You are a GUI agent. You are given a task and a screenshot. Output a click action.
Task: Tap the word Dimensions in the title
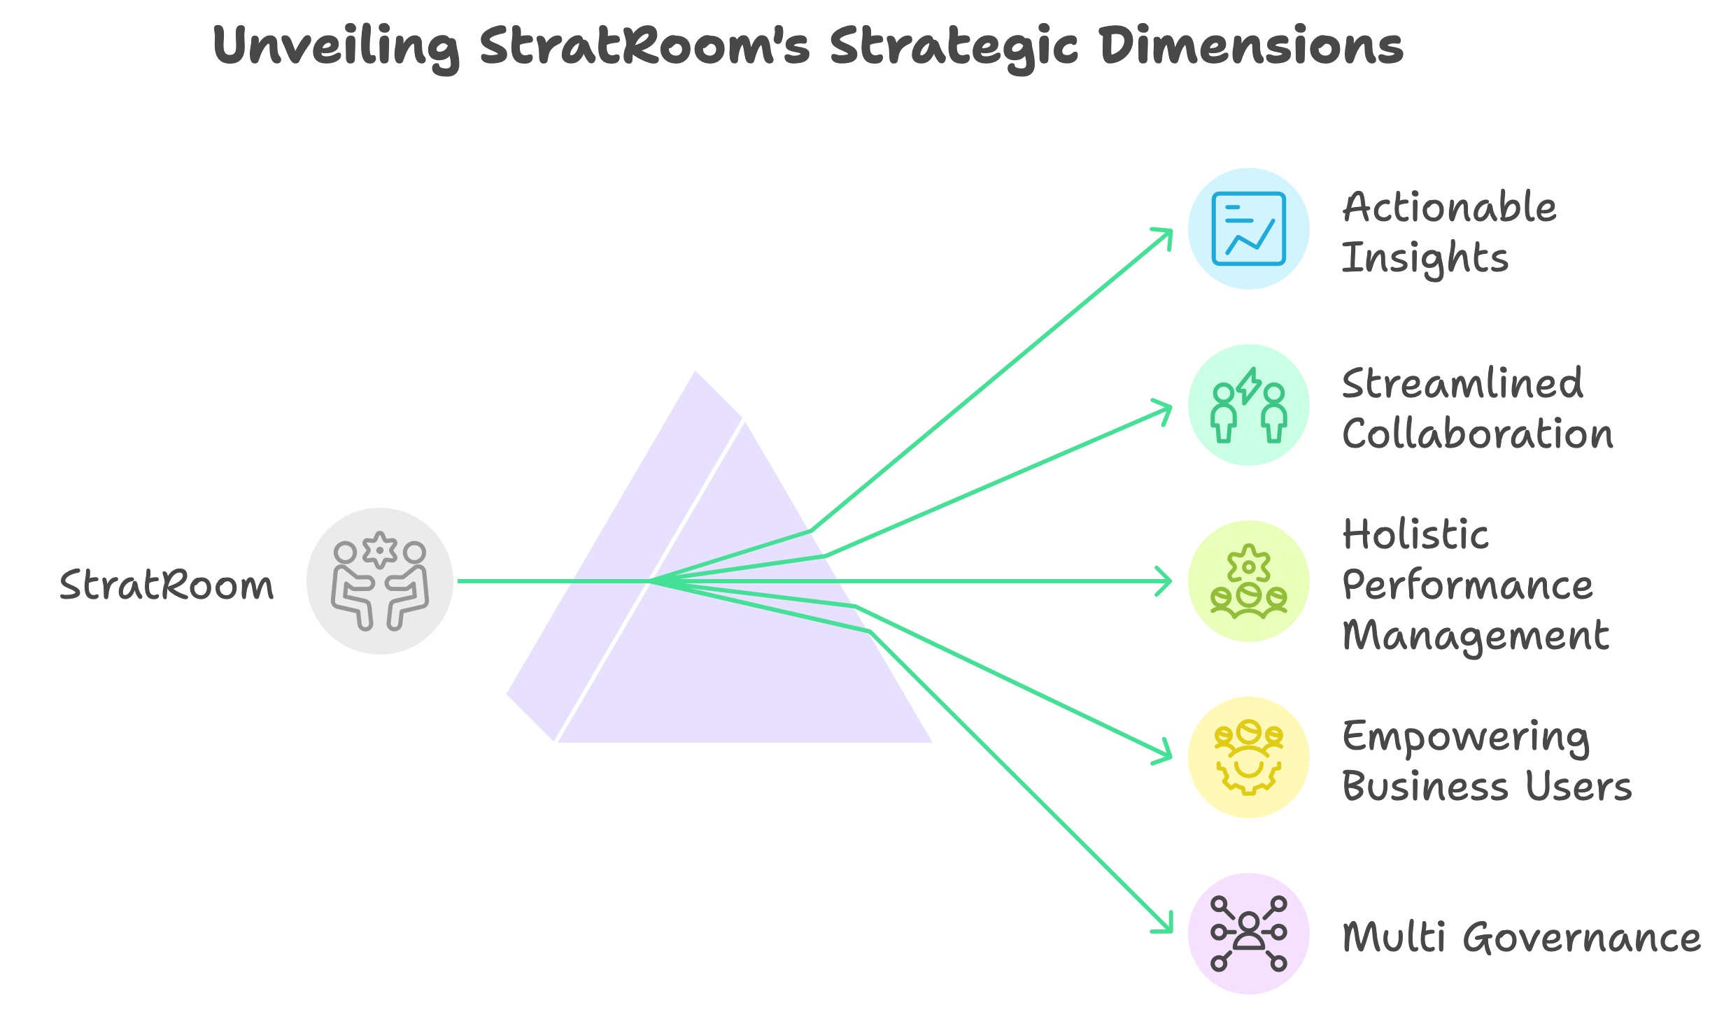pos(1251,46)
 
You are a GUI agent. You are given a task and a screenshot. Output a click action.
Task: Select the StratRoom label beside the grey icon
pos(167,585)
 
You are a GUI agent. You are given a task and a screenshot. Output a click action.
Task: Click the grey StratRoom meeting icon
pos(380,581)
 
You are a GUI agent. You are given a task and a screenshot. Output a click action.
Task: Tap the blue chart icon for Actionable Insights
pos(1249,229)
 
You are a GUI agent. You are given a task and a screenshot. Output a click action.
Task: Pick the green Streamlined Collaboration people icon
pos(1249,405)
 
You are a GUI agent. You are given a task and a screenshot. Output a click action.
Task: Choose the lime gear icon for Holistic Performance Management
pos(1249,581)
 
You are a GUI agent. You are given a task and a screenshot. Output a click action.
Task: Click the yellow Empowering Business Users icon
pos(1249,757)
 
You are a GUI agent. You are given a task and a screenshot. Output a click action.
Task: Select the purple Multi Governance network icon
pos(1249,934)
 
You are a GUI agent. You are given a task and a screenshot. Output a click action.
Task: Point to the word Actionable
pos(1449,208)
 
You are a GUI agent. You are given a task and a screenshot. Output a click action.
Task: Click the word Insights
pos(1425,258)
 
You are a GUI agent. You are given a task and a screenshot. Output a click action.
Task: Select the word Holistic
pos(1415,535)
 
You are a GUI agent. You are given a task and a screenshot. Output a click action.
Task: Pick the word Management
pos(1476,636)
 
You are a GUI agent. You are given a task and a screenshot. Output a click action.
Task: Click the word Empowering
pos(1466,738)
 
